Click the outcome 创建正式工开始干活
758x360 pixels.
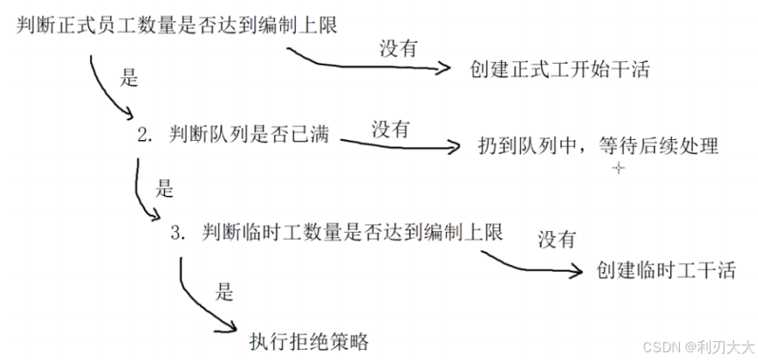(559, 69)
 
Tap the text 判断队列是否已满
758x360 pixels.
(249, 135)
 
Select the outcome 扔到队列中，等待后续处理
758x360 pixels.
(597, 145)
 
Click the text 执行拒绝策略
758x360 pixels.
(309, 341)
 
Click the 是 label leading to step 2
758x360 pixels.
(128, 79)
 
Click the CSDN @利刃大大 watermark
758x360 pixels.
(706, 346)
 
